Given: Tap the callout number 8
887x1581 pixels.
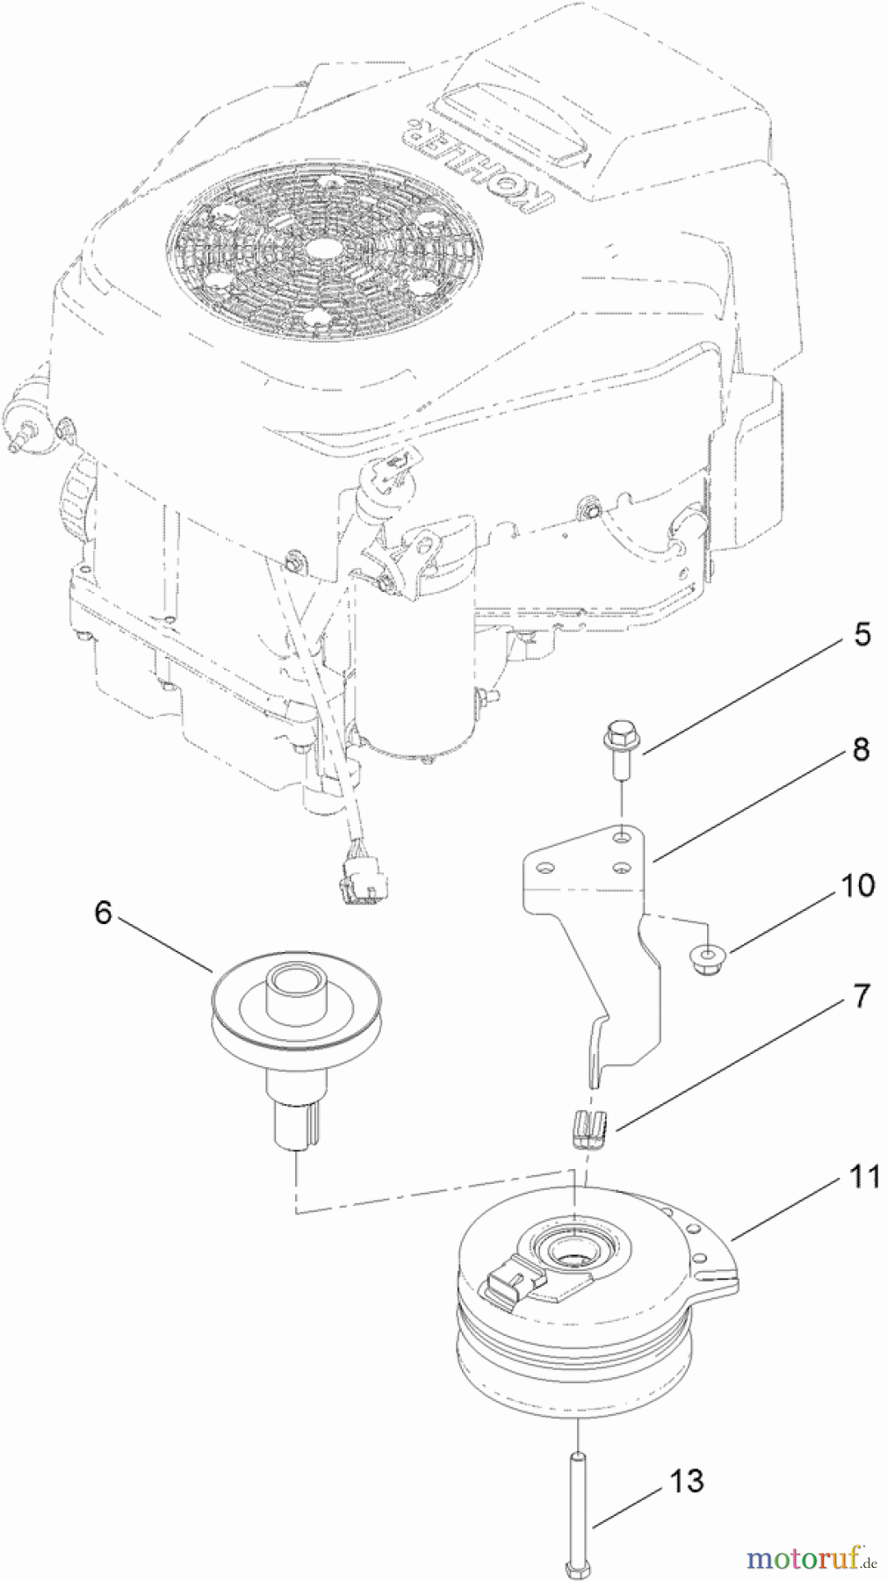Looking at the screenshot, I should pyautogui.click(x=860, y=749).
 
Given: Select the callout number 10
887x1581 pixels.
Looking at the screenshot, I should pyautogui.click(x=858, y=885).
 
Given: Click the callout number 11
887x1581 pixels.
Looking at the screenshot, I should pyautogui.click(x=864, y=1176).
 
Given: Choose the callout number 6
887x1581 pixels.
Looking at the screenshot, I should pyautogui.click(x=104, y=913).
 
